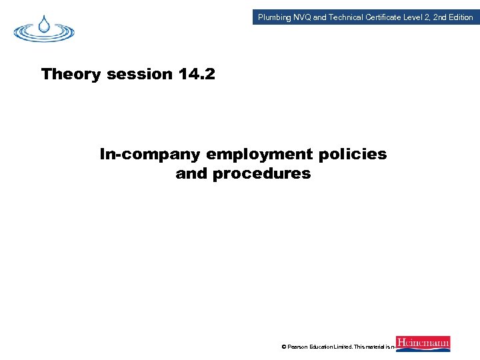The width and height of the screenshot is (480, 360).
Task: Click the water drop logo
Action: (x=45, y=28)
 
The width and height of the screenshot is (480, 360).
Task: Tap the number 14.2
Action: (x=197, y=74)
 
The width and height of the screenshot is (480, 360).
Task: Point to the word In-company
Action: (x=151, y=155)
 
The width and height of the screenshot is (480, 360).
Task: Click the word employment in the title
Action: (x=259, y=155)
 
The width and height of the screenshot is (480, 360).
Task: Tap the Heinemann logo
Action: (x=423, y=344)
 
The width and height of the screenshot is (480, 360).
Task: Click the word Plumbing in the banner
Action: (x=275, y=17)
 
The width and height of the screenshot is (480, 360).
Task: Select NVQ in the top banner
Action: (x=302, y=17)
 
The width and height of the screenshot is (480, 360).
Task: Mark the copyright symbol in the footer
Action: (x=284, y=347)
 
